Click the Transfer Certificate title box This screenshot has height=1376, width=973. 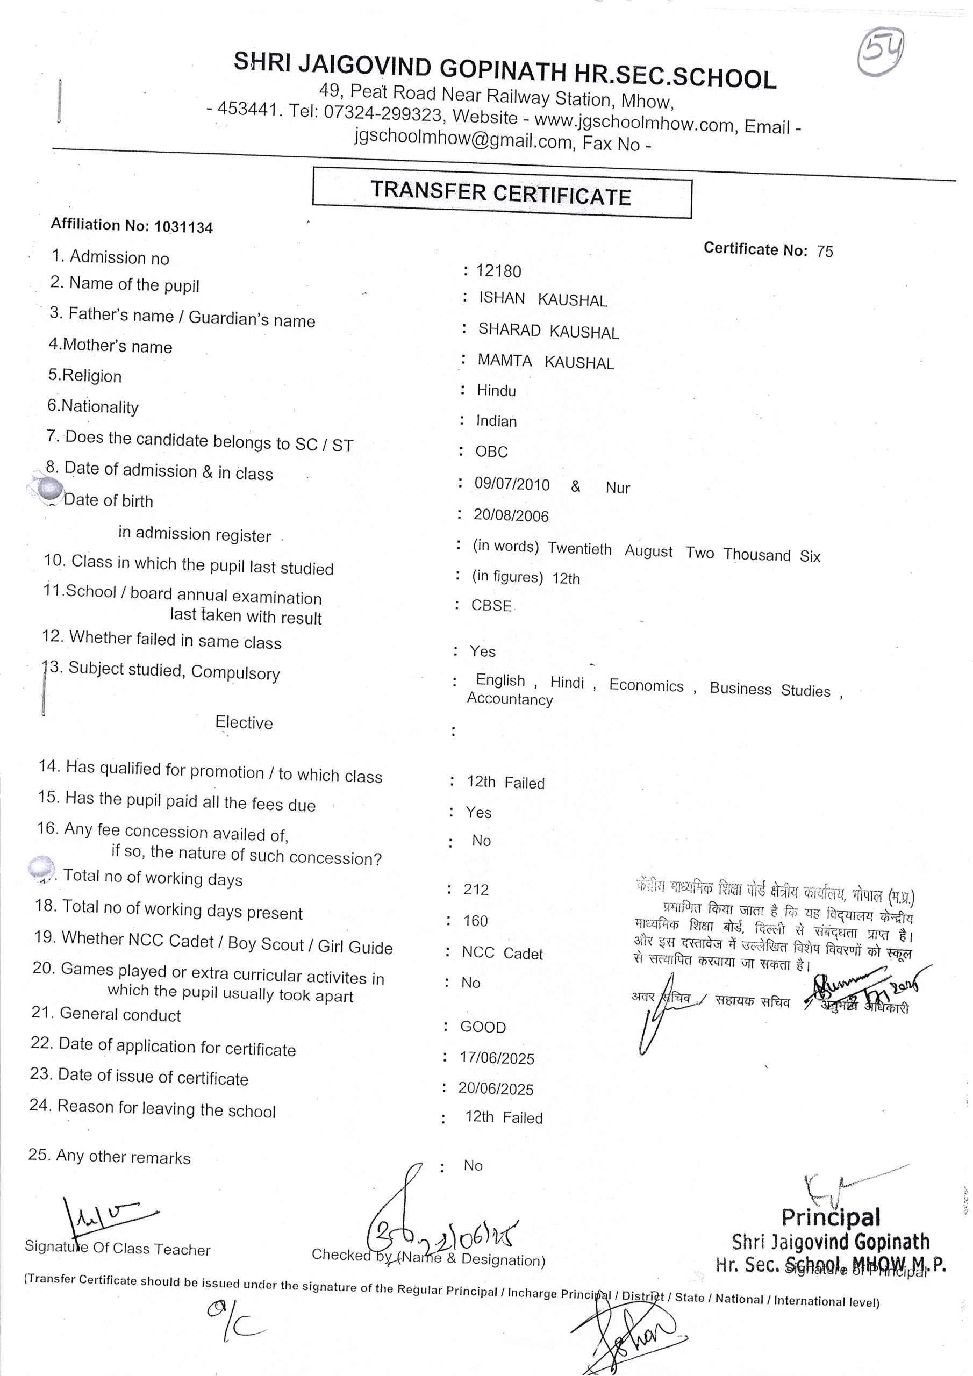(x=501, y=192)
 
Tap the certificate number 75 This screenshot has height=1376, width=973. (x=825, y=251)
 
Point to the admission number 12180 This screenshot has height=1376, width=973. (x=498, y=271)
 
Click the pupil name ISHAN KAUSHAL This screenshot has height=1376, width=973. (x=542, y=299)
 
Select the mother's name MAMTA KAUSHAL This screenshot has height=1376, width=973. (x=546, y=361)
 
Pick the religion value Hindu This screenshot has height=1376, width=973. (x=496, y=391)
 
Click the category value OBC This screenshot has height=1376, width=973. (x=491, y=452)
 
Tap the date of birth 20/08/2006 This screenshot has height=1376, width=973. (x=511, y=515)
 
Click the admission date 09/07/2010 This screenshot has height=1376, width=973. (x=511, y=484)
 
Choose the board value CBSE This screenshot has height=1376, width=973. (x=491, y=605)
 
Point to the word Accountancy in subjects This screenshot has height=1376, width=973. (x=510, y=699)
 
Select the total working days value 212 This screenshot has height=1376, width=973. (x=475, y=890)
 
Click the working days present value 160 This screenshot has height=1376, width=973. (x=475, y=921)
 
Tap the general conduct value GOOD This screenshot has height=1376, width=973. (x=483, y=1027)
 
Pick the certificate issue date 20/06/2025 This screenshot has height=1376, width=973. (x=496, y=1089)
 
